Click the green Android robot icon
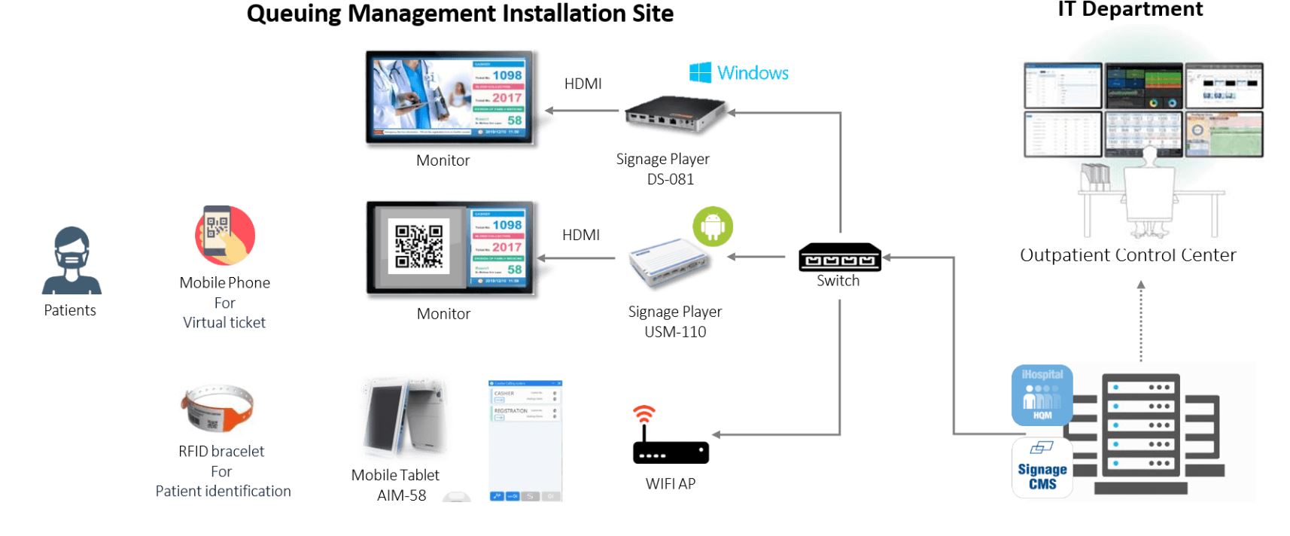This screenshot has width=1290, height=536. pos(713,227)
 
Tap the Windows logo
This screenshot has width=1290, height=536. pos(700,72)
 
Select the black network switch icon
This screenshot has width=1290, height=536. pos(839,257)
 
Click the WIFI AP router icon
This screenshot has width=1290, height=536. pos(670,444)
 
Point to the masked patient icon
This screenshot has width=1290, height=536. pos(71,260)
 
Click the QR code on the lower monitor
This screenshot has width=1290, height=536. pos(419,247)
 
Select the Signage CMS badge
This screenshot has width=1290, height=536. pos(1042,468)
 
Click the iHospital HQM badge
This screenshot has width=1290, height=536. pos(1042,395)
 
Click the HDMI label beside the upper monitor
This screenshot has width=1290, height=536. pos(583,84)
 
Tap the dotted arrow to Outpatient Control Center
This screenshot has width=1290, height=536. pos(1141,322)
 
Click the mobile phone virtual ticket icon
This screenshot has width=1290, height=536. pos(225,235)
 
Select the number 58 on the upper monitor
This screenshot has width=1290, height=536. pos(514,120)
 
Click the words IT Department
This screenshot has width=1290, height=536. pos(1130,9)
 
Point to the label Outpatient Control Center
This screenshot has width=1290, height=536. pos(1127,255)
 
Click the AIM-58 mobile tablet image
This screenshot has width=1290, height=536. pos(404,418)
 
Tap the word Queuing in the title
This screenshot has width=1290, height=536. pos(294,14)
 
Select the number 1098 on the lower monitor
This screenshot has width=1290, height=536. pos(507,225)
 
